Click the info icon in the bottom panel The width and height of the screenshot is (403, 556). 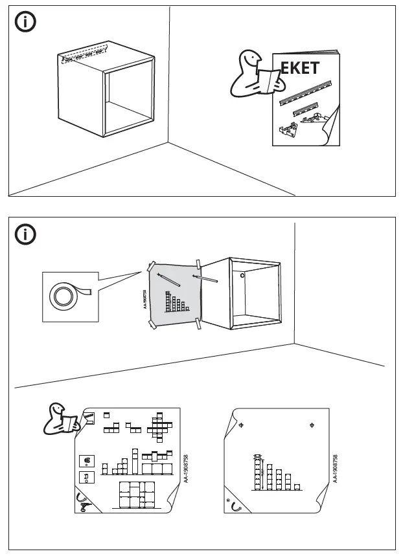[x=25, y=234]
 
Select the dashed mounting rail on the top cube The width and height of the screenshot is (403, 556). [x=84, y=56]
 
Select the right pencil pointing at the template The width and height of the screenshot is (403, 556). [x=205, y=279]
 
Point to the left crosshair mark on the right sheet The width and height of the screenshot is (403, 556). [x=241, y=425]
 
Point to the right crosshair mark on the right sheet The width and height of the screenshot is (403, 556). [x=312, y=425]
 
